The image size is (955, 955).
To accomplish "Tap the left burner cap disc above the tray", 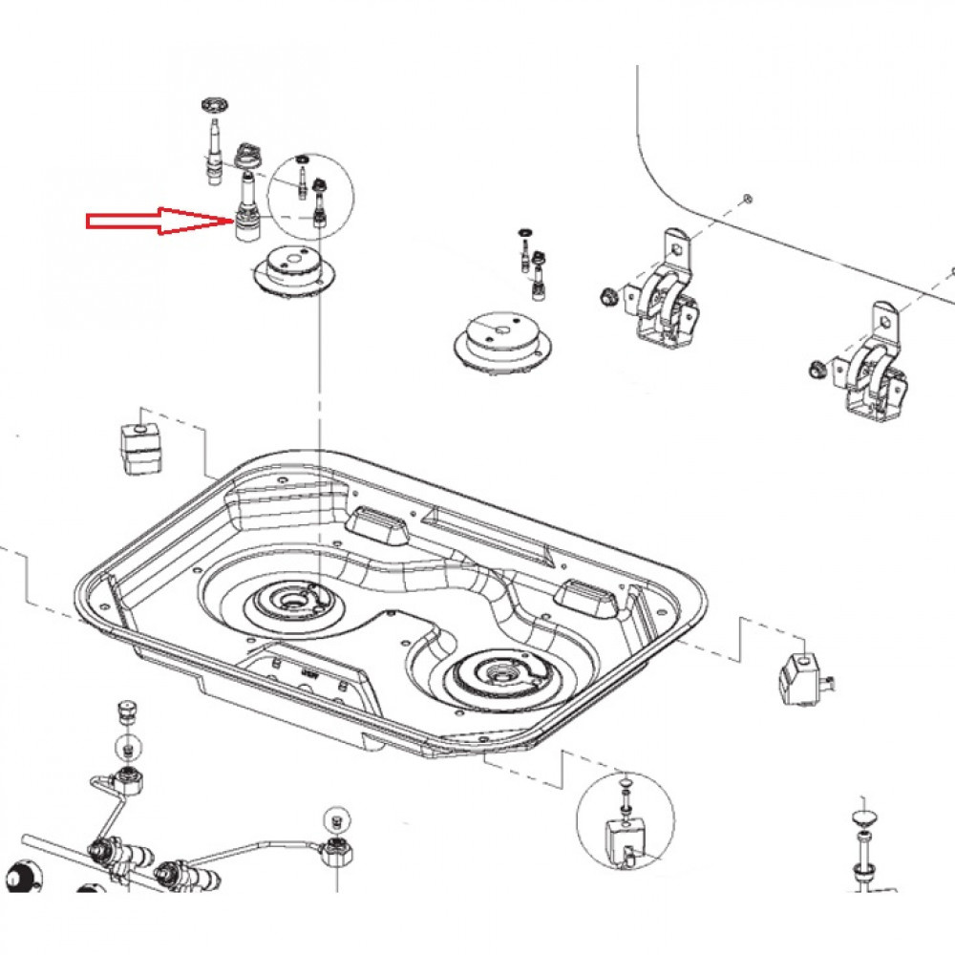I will point(295,270).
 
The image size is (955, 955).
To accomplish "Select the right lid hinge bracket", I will point(870,367).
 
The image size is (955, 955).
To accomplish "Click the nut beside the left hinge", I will point(604,297).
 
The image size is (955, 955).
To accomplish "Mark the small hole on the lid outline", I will point(747,199).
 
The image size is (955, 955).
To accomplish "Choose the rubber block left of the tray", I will point(141,446).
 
